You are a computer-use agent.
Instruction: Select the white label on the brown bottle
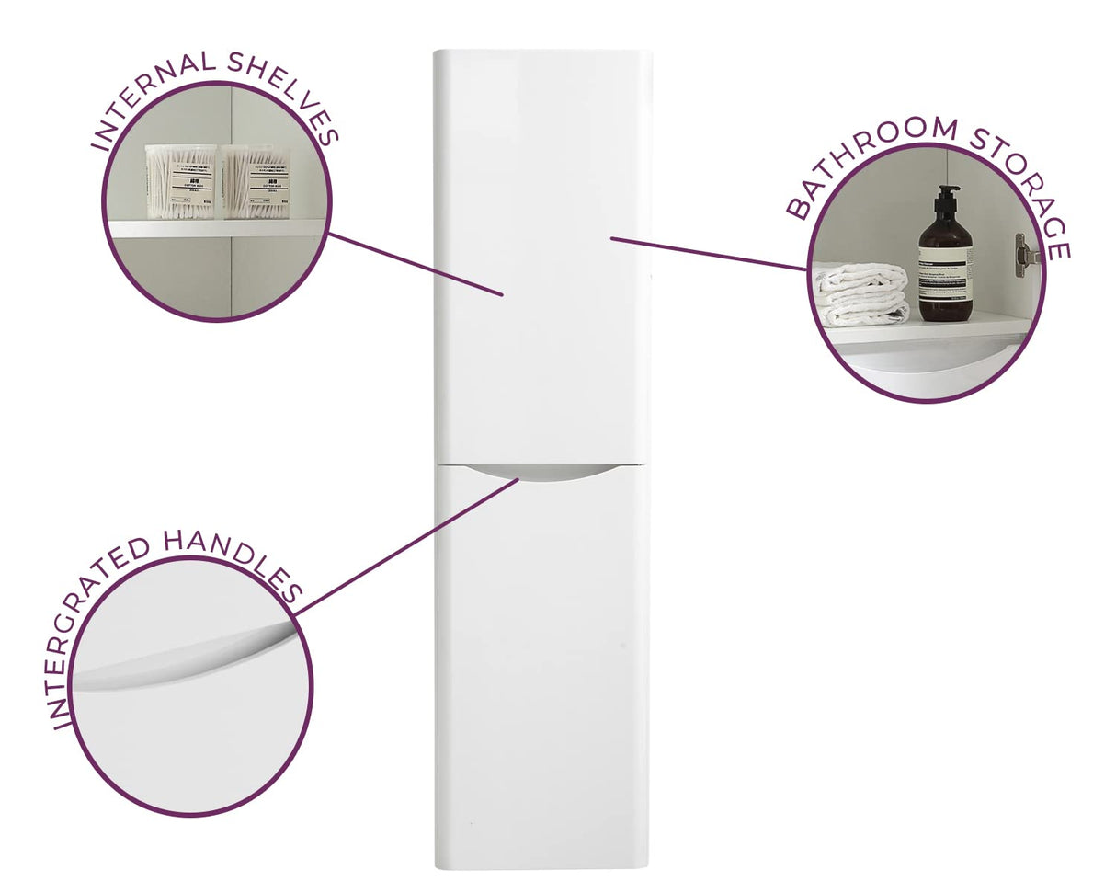tap(946, 280)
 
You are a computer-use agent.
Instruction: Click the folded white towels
tap(861, 294)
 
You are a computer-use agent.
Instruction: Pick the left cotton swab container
tap(180, 181)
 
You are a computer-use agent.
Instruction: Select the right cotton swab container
tap(255, 181)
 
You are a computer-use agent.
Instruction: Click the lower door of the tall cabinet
tap(542, 671)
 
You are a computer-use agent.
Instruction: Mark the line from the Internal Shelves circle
tap(414, 263)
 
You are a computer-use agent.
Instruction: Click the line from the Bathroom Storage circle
tap(708, 254)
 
